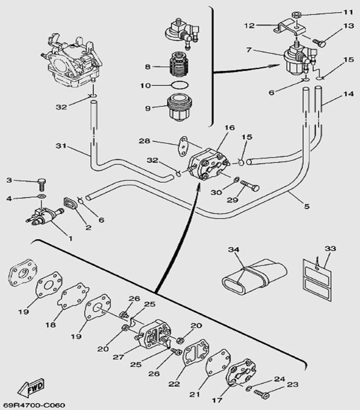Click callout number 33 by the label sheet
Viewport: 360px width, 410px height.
pyautogui.click(x=330, y=248)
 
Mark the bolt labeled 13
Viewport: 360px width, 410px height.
pyautogui.click(x=320, y=42)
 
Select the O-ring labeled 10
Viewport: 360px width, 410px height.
pyautogui.click(x=178, y=86)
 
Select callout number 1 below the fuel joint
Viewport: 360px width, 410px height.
pyautogui.click(x=71, y=237)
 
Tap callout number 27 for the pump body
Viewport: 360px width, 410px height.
pyautogui.click(x=119, y=357)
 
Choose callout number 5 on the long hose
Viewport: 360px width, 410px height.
pyautogui.click(x=307, y=205)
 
